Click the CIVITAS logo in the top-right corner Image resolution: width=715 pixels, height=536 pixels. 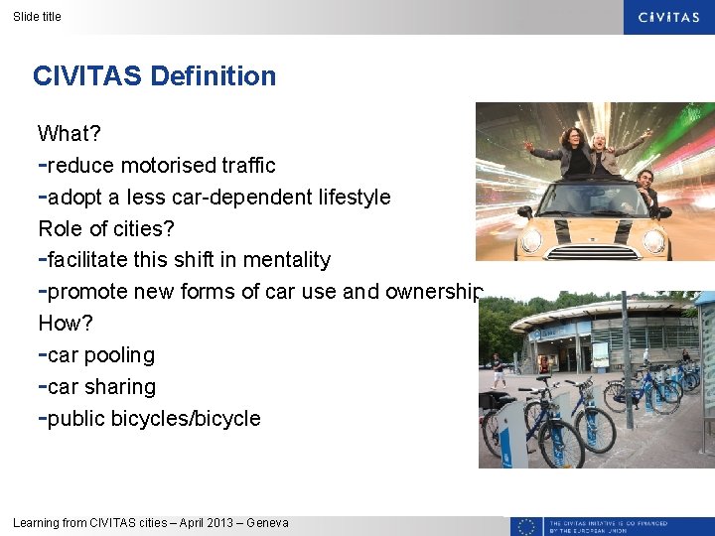click(x=668, y=17)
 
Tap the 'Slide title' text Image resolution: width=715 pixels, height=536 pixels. click(x=37, y=16)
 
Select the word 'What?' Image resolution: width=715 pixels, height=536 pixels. click(x=70, y=133)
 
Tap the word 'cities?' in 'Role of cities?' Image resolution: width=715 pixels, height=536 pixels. click(x=144, y=228)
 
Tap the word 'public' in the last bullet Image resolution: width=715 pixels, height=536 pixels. click(x=76, y=419)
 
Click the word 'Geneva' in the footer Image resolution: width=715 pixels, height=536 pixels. click(x=268, y=523)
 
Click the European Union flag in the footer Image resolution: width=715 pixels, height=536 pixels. click(x=526, y=526)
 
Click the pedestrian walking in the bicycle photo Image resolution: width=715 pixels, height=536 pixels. click(x=498, y=369)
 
